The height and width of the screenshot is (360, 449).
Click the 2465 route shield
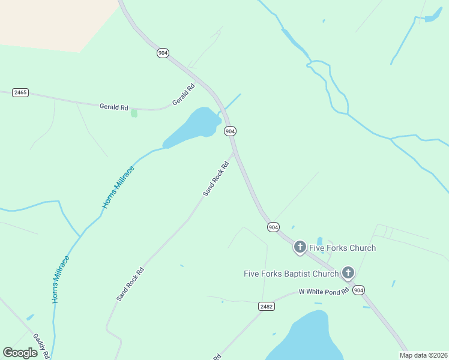tap(20, 94)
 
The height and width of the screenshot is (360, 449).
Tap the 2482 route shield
tap(267, 306)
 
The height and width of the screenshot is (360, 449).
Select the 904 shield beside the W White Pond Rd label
tap(358, 290)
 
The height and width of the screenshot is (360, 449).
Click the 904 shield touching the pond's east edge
tap(230, 131)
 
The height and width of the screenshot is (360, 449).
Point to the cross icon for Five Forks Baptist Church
tap(348, 274)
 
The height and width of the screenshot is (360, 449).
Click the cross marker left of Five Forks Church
tap(300, 247)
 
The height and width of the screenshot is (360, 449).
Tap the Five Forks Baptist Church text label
tap(291, 274)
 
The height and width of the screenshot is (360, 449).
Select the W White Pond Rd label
tap(324, 292)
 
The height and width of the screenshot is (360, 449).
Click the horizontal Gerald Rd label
tap(113, 107)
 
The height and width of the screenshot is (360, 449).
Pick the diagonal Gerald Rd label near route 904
tap(184, 95)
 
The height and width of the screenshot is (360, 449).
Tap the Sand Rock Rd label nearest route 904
tap(216, 179)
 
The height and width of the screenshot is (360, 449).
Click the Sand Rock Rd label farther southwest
tap(130, 284)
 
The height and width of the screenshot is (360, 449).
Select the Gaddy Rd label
tap(41, 346)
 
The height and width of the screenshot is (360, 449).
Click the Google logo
tap(20, 353)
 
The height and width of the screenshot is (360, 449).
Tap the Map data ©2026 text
tap(423, 355)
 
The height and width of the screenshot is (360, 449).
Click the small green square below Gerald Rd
tap(134, 113)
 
